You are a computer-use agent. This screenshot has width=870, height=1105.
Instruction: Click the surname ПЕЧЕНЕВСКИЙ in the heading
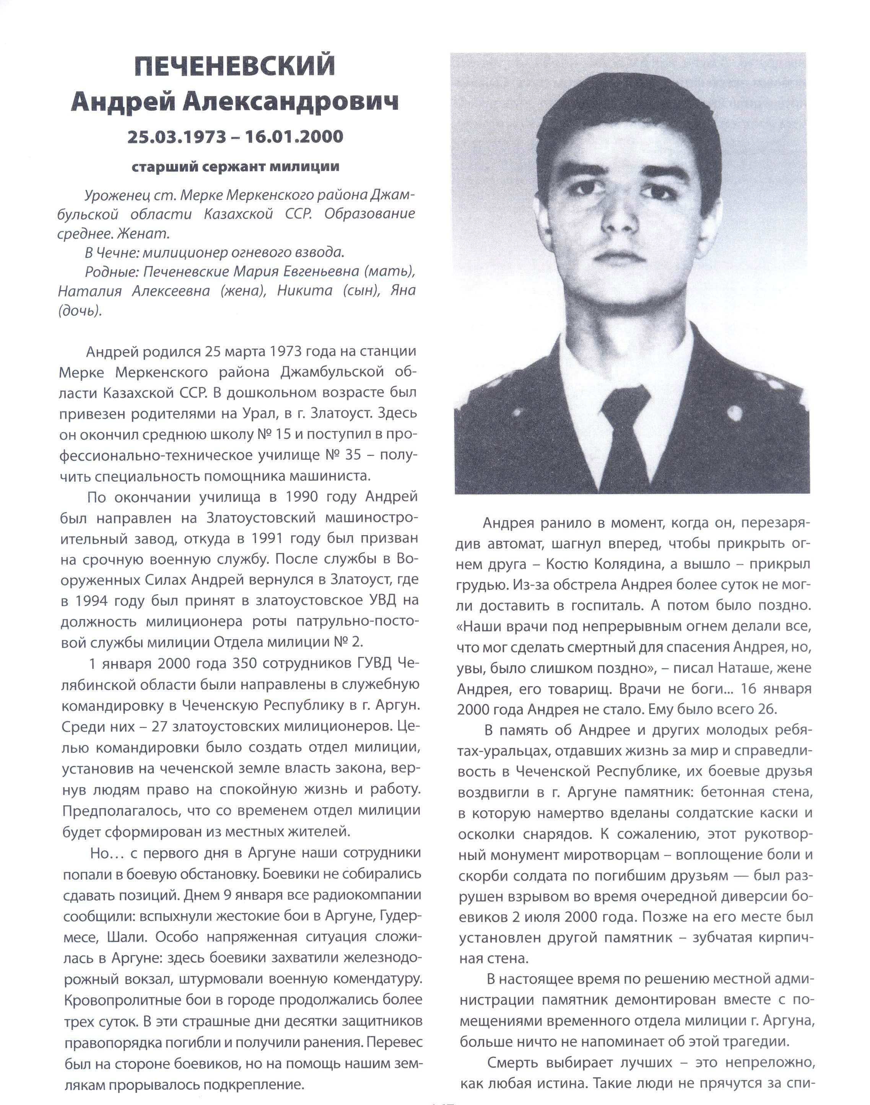pos(235,66)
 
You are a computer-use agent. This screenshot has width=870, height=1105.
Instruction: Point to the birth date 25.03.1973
pos(177,137)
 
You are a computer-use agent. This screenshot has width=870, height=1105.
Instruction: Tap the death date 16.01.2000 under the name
pos(294,137)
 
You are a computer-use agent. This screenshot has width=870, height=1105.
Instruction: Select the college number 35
pos(353,455)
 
